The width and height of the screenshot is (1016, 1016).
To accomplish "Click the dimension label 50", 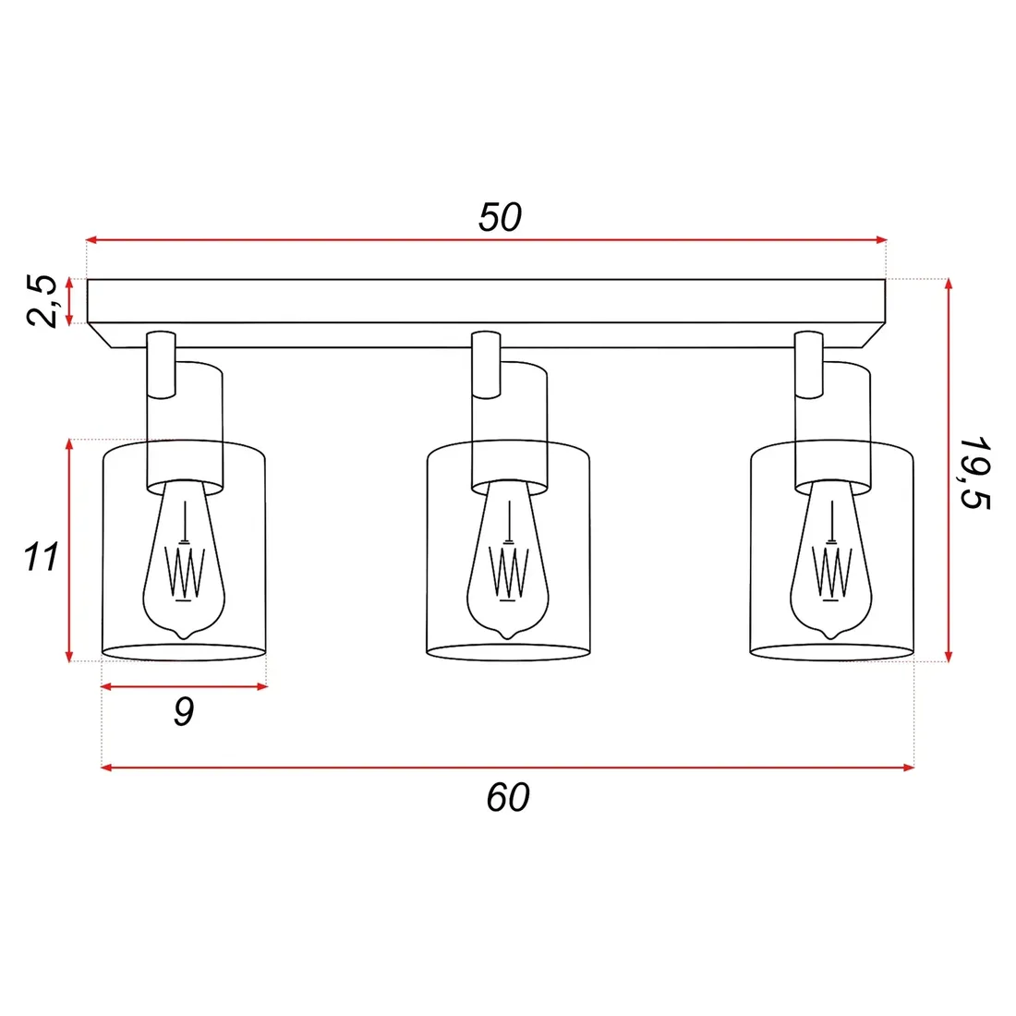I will pos(500,217).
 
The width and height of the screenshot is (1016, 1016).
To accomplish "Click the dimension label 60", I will pos(508,797).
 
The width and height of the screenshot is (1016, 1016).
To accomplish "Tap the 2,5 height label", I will pos(44,301).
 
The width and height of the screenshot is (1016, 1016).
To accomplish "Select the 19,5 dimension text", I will pos(974,472).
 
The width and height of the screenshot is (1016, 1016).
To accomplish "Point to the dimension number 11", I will pos(42,557).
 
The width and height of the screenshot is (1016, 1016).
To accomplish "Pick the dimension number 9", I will pos(184,712).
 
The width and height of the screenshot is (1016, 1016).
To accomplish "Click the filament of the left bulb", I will pos(184,571).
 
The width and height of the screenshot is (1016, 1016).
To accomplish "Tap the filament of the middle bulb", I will pos(507,571).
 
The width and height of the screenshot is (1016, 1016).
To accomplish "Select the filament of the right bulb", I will pos(831,571).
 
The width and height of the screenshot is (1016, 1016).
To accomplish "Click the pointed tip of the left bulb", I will pos(184,635).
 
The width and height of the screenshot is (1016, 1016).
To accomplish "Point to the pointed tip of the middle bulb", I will pos(507,635).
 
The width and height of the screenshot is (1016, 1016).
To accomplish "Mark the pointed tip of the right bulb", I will pos(831,635).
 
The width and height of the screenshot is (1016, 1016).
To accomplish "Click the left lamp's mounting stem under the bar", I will pos(161,364).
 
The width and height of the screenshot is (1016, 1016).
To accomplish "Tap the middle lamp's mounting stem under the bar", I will pos(486,364).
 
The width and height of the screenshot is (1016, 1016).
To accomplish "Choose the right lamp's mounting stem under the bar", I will pos(809,364).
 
